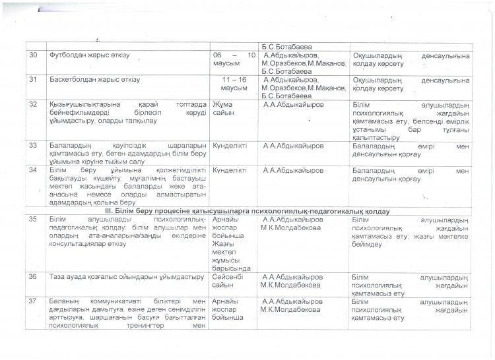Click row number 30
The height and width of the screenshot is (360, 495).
32,55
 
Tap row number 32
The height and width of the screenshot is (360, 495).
32,105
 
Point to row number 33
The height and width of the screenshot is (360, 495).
32,146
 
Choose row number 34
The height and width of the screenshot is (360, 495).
32,170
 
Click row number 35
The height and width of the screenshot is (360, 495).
32,220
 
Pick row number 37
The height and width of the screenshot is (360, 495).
32,301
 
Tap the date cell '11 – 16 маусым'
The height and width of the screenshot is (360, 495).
236,84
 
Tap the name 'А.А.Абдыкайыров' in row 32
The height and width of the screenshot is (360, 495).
293,105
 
